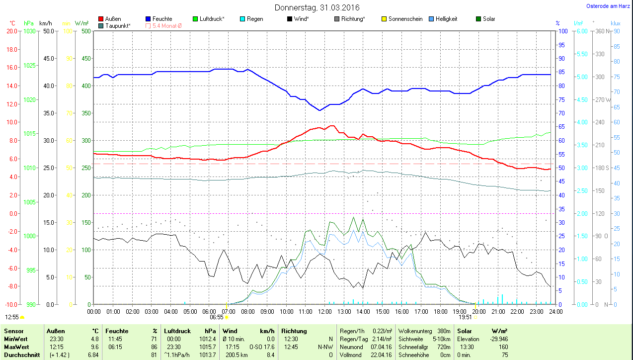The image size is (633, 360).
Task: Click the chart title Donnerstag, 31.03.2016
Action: (x=316, y=7)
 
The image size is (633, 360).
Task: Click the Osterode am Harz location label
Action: (x=609, y=6)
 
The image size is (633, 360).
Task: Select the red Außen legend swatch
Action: (x=101, y=19)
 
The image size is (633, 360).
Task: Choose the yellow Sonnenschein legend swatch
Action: (x=384, y=19)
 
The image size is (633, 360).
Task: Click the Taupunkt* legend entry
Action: (x=117, y=25)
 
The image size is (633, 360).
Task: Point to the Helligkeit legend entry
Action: (x=446, y=19)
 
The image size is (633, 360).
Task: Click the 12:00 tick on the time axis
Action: (x=324, y=312)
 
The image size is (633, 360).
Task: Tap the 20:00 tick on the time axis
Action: (x=478, y=312)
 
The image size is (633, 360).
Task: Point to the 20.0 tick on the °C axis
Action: (x=11, y=31)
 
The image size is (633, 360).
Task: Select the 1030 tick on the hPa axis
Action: (x=30, y=31)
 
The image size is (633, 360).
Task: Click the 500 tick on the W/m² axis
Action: (x=86, y=31)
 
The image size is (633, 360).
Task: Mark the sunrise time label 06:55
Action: (x=217, y=317)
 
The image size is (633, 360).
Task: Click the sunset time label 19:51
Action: (x=465, y=317)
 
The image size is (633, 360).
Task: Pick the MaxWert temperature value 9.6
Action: (x=94, y=347)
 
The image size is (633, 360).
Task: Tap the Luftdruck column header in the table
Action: (x=177, y=331)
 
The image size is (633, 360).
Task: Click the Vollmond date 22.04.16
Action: (x=381, y=355)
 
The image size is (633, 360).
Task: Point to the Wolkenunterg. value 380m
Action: (x=444, y=331)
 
